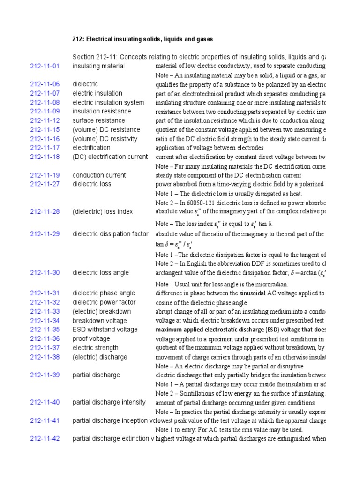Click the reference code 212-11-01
point(45,66)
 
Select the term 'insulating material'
point(98,66)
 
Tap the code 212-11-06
point(45,84)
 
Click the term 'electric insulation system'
point(108,102)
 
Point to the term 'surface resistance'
point(98,120)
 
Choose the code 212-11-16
point(45,139)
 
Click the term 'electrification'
point(91,148)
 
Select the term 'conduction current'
point(99,175)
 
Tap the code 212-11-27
point(45,184)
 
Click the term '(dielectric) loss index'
point(103,212)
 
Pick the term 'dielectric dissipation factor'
point(110,234)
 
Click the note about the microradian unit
point(222,285)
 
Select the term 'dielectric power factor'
point(104,302)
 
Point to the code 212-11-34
point(45,321)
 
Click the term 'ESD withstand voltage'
point(105,330)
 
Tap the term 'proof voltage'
point(91,339)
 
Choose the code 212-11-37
point(45,348)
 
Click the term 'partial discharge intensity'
point(109,402)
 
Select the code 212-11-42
point(45,439)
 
